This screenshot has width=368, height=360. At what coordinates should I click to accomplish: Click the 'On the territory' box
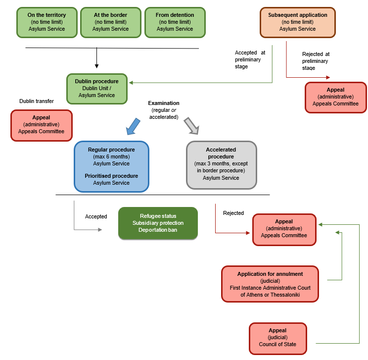point(46,22)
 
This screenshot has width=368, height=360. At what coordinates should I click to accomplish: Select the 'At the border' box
point(110,22)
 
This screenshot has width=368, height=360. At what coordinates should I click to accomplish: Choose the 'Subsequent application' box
point(297,22)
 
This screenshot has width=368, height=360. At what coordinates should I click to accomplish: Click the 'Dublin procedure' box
point(96,89)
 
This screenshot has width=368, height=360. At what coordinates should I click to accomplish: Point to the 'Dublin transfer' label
point(37,101)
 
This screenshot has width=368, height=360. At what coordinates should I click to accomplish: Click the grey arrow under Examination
point(191,126)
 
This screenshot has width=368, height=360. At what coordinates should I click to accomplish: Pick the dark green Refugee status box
point(158,223)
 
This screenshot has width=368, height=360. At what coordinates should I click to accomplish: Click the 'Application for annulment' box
point(270,284)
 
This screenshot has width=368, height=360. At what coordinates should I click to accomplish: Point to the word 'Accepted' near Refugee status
point(96,216)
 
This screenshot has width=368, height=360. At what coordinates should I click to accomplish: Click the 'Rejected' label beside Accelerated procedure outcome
point(233,213)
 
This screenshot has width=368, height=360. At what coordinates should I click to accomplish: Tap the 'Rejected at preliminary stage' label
point(316,61)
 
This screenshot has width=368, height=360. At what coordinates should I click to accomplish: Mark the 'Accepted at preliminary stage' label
point(250,59)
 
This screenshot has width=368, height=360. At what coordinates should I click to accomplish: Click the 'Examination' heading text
point(164,103)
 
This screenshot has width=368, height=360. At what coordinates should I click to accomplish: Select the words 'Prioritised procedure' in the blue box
point(111,176)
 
